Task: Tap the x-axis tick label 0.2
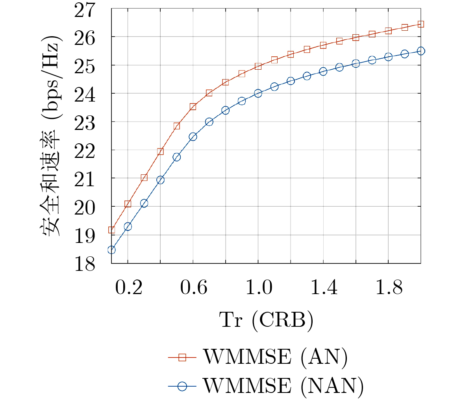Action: pyautogui.click(x=128, y=288)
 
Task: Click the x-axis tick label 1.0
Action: pyautogui.click(x=258, y=288)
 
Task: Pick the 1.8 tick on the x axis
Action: pyautogui.click(x=388, y=288)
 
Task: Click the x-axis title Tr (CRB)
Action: pyautogui.click(x=267, y=320)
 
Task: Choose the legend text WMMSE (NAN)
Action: pyautogui.click(x=283, y=386)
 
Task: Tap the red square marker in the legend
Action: pyautogui.click(x=182, y=357)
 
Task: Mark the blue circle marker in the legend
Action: pyautogui.click(x=182, y=386)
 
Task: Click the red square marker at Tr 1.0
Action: pyautogui.click(x=258, y=66)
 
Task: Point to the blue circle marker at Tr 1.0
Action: pyautogui.click(x=258, y=93)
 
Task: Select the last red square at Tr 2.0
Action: pyautogui.click(x=421, y=24)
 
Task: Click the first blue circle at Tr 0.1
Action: pyautogui.click(x=111, y=250)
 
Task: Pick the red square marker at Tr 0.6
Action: pyautogui.click(x=193, y=107)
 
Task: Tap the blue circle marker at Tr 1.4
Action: pyautogui.click(x=323, y=71)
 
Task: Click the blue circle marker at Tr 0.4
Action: pyautogui.click(x=160, y=180)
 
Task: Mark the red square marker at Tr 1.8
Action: pyautogui.click(x=388, y=31)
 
